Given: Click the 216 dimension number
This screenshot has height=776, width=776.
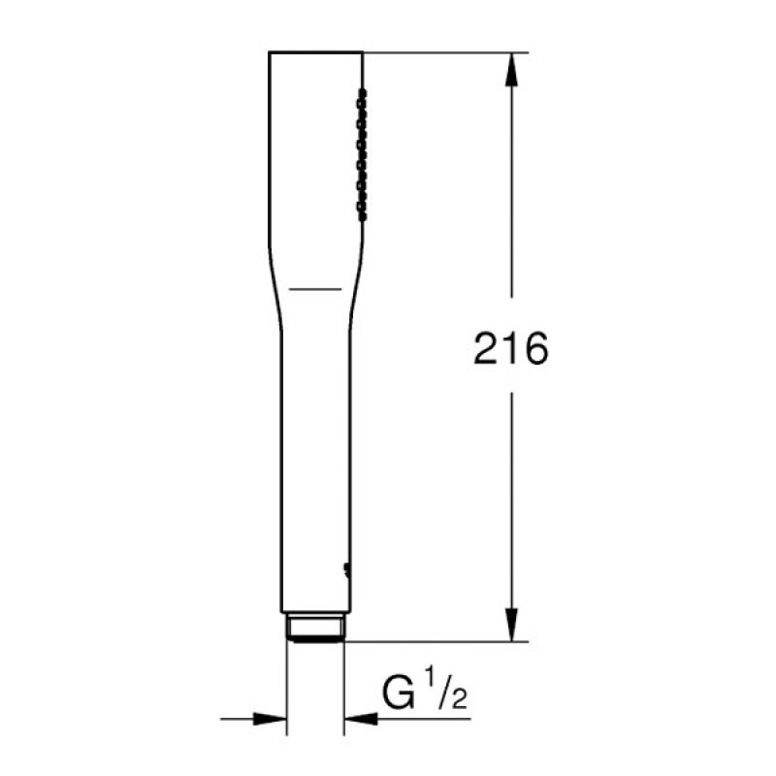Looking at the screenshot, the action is coord(511,348).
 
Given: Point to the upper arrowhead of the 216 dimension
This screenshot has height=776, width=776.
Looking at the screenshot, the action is coord(511,69).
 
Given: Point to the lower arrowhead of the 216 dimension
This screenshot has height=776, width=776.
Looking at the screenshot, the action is coord(511,625).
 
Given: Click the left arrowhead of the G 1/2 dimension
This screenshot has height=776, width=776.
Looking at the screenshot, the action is coord(271,719).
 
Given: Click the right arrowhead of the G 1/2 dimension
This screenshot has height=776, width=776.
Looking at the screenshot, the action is coord(361,719).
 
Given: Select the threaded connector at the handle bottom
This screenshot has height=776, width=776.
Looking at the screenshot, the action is coord(316,628).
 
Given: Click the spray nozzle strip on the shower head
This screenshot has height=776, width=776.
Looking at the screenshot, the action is coord(362,154).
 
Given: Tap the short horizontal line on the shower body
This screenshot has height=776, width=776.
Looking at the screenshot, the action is coord(315,288).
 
